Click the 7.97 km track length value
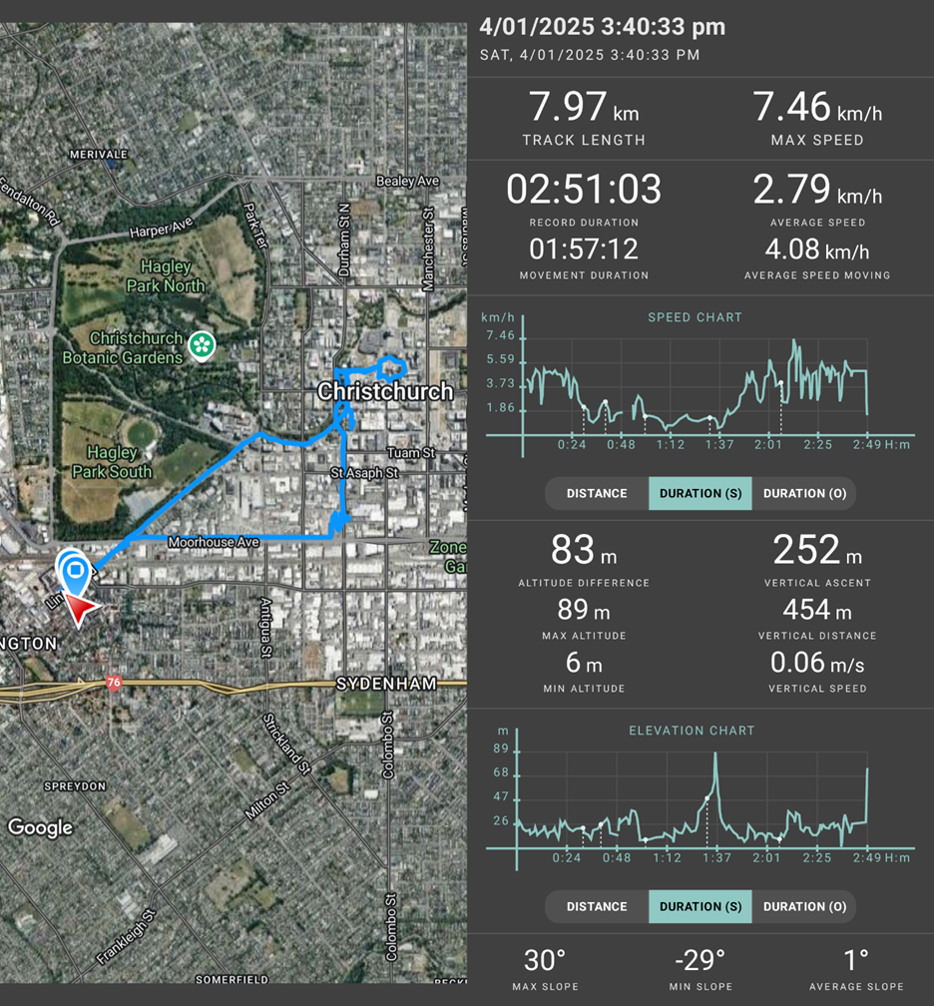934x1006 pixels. [x=584, y=107]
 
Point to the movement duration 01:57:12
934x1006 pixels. [x=584, y=249]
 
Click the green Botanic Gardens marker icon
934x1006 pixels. [x=203, y=345]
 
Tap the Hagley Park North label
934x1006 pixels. [x=173, y=276]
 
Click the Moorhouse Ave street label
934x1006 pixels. [x=214, y=543]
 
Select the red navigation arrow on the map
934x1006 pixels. [x=86, y=609]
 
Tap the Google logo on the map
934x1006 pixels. [x=41, y=827]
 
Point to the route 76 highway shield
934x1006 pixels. [x=114, y=684]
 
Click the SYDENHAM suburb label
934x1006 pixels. [x=386, y=684]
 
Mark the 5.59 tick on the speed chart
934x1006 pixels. [x=500, y=360]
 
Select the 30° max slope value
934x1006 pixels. [x=545, y=961]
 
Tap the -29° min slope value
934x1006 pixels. [x=700, y=961]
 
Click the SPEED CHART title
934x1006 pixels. [x=696, y=317]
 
